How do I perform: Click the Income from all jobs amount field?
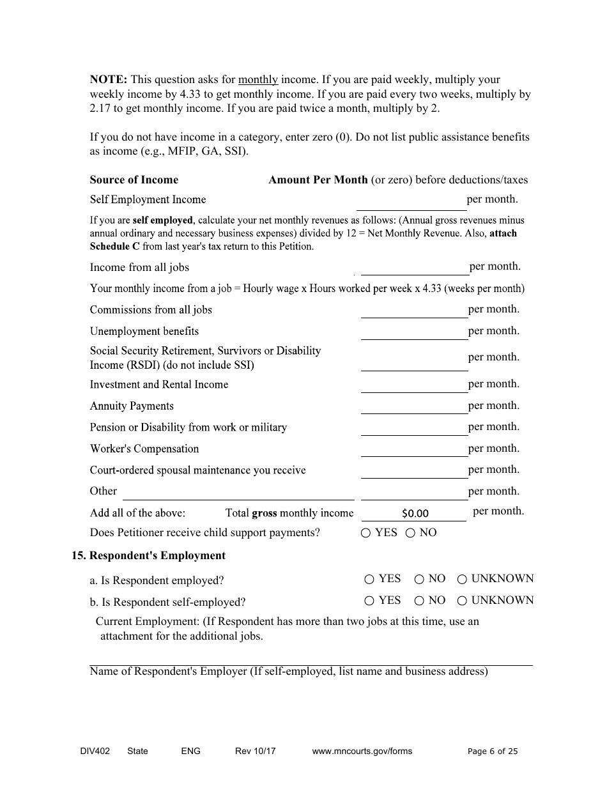point(414,267)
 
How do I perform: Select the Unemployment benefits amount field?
point(414,332)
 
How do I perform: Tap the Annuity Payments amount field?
point(414,406)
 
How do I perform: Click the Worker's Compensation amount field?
point(414,449)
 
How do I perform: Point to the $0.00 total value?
point(415,513)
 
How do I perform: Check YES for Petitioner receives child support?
point(366,533)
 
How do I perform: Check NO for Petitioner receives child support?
point(411,533)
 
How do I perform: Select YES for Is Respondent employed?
point(369,580)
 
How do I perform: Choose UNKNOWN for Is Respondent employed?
point(462,580)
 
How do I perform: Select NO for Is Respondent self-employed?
point(419,601)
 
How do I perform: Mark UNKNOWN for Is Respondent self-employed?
point(462,601)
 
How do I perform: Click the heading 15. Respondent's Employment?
point(148,555)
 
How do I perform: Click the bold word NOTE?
point(109,80)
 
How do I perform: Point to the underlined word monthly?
point(257,80)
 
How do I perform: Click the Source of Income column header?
point(134,180)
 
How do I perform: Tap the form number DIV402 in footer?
point(91,751)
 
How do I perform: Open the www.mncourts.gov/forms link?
point(362,751)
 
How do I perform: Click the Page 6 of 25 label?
point(493,751)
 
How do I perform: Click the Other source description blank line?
point(238,492)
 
